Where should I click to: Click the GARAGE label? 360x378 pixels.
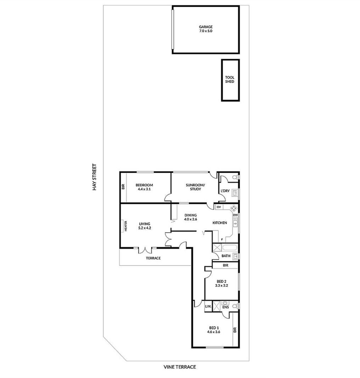[206, 27]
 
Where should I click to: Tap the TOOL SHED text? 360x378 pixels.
[229, 79]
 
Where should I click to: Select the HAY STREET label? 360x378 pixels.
[94, 177]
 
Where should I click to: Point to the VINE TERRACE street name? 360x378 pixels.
[180, 367]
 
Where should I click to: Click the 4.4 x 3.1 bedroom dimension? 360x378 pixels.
[144, 189]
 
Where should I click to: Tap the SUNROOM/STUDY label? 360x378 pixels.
[195, 187]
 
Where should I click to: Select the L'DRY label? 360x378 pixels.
[225, 191]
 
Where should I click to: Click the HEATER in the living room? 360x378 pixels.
[125, 226]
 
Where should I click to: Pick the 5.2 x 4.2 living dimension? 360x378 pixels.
[145, 228]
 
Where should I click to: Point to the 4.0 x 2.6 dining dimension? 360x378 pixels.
[191, 219]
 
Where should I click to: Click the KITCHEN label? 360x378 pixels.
[220, 223]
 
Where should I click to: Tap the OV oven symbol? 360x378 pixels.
[219, 207]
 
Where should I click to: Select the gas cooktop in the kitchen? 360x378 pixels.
[234, 208]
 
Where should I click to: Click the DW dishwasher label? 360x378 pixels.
[235, 215]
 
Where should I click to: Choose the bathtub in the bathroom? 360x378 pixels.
[230, 248]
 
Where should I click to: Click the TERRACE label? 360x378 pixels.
[153, 258]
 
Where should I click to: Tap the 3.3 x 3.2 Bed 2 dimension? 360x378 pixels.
[221, 285]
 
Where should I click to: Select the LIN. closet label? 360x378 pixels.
[208, 306]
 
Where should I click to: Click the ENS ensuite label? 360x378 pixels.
[225, 307]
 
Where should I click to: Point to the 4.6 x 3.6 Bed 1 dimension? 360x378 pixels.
[214, 332]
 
